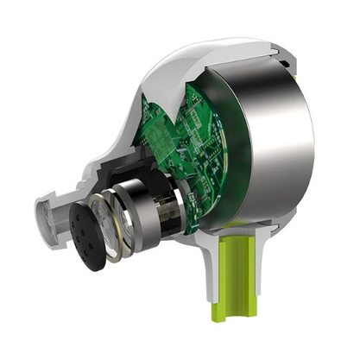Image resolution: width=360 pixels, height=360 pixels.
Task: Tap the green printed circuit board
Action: [186, 138]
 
